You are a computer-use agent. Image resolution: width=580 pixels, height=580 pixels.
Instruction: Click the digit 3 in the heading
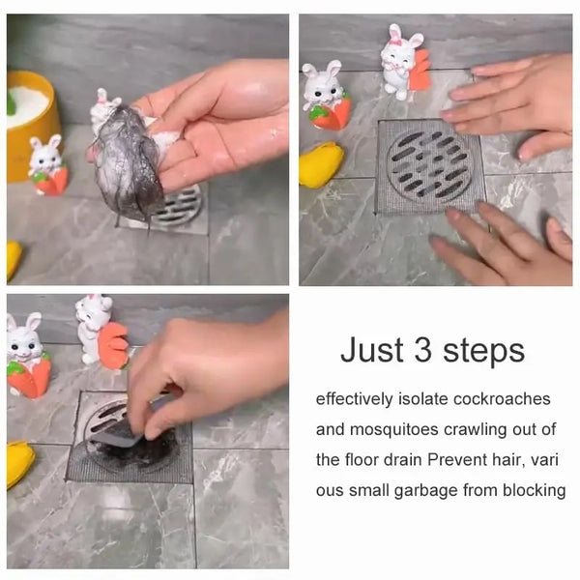click(x=422, y=350)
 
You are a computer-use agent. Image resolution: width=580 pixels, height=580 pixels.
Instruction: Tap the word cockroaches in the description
click(x=502, y=399)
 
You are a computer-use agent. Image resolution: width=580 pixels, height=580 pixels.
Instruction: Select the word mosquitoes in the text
click(x=394, y=430)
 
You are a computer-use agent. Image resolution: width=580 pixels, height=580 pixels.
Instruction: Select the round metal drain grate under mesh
click(x=430, y=166)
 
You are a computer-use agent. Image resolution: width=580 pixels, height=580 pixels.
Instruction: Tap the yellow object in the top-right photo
click(x=320, y=164)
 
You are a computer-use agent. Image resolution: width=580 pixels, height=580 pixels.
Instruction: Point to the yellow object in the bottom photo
click(x=19, y=463)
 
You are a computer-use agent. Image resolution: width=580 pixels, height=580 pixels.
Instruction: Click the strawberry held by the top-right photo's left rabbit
click(x=331, y=113)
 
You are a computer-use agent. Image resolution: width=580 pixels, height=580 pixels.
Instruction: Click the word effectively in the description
click(x=355, y=399)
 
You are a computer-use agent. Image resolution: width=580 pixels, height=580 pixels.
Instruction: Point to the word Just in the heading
click(x=372, y=350)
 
